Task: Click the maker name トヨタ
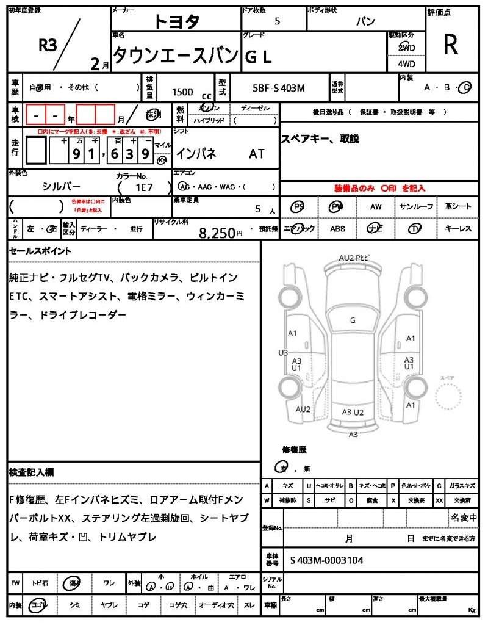pos(177,22)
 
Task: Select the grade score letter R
pos(451,44)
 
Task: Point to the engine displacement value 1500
pos(182,92)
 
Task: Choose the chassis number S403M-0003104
pos(327,560)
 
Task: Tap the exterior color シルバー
pos(61,187)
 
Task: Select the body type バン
pos(366,21)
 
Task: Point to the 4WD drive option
pos(406,63)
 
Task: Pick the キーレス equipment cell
pos(458,229)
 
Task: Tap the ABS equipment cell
pos(337,229)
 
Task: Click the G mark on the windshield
pos(353,320)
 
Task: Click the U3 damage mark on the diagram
pos(283,353)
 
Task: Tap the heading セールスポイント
pos(40,251)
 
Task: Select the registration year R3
pos(48,46)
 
